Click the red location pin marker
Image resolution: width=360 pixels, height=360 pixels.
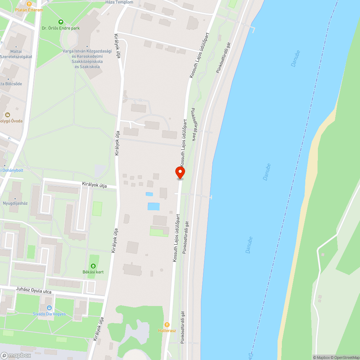click(180, 172)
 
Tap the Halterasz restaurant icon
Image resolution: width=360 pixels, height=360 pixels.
click(167, 324)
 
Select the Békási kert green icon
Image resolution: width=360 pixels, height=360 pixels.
click(94, 266)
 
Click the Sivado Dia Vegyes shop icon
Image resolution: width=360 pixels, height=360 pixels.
click(49, 308)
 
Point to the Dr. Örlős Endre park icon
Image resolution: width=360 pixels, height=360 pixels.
click(60, 22)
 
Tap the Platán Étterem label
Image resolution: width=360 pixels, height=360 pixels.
click(29, 10)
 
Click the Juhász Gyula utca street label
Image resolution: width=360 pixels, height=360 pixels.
click(34, 291)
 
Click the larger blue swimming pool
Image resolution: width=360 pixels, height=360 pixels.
click(153, 206)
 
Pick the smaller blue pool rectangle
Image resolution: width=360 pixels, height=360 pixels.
click(149, 194)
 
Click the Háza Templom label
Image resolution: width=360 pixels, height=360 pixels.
click(119, 2)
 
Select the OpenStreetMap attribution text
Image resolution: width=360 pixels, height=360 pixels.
click(345, 357)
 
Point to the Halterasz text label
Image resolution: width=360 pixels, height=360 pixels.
click(167, 330)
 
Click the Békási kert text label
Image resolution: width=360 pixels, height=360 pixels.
click(93, 272)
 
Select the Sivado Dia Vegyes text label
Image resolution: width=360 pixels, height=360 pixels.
click(49, 314)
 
